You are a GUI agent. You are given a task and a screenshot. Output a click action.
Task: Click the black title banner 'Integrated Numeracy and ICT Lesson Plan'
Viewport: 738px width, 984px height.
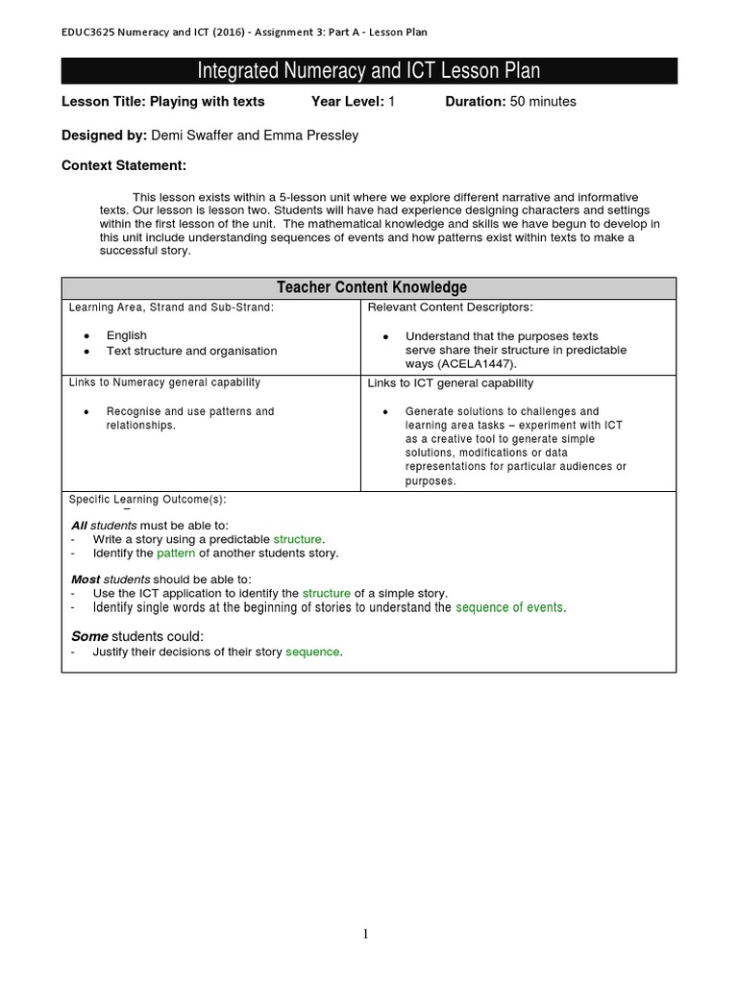(369, 71)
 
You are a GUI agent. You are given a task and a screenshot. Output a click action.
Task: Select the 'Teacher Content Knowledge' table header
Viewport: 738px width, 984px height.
(372, 287)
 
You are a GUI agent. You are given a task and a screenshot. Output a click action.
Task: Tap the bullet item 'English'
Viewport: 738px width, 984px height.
(127, 335)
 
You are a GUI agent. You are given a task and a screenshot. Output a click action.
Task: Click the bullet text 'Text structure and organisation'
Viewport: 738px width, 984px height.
(191, 351)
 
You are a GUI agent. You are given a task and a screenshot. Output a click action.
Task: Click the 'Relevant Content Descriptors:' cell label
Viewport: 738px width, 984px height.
(451, 307)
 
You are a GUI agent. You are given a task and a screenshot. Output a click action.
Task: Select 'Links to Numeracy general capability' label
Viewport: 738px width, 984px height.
(165, 382)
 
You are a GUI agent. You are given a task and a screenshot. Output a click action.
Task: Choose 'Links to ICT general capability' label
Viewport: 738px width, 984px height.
(451, 382)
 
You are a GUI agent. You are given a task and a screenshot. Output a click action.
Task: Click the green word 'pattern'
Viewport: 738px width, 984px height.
(176, 553)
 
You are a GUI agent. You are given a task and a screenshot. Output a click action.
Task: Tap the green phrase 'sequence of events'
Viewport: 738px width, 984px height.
(510, 607)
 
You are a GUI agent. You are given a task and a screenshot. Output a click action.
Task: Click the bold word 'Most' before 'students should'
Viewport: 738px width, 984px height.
(86, 579)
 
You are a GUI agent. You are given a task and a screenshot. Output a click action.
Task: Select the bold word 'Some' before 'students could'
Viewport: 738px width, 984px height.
(90, 636)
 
